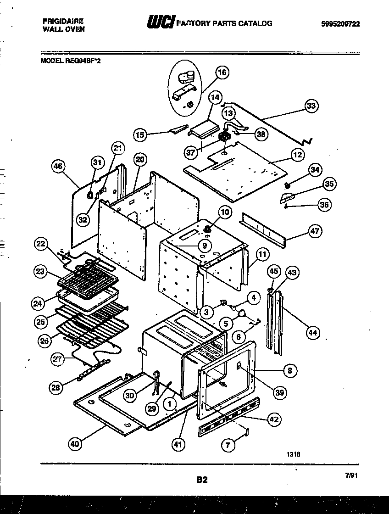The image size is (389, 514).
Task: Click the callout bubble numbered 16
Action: [x=222, y=73]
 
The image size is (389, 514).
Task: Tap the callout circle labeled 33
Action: [x=311, y=106]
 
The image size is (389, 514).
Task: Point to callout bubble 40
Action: [x=75, y=444]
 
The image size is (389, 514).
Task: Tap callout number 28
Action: [x=56, y=388]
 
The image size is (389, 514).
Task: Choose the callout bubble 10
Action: [x=225, y=212]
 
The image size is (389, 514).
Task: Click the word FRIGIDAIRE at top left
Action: [x=63, y=21]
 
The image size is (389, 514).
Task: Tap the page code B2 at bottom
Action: [x=202, y=480]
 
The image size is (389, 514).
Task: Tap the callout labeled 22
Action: [x=42, y=244]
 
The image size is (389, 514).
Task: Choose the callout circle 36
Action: [x=324, y=205]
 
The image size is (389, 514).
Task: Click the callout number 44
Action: [x=312, y=333]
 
